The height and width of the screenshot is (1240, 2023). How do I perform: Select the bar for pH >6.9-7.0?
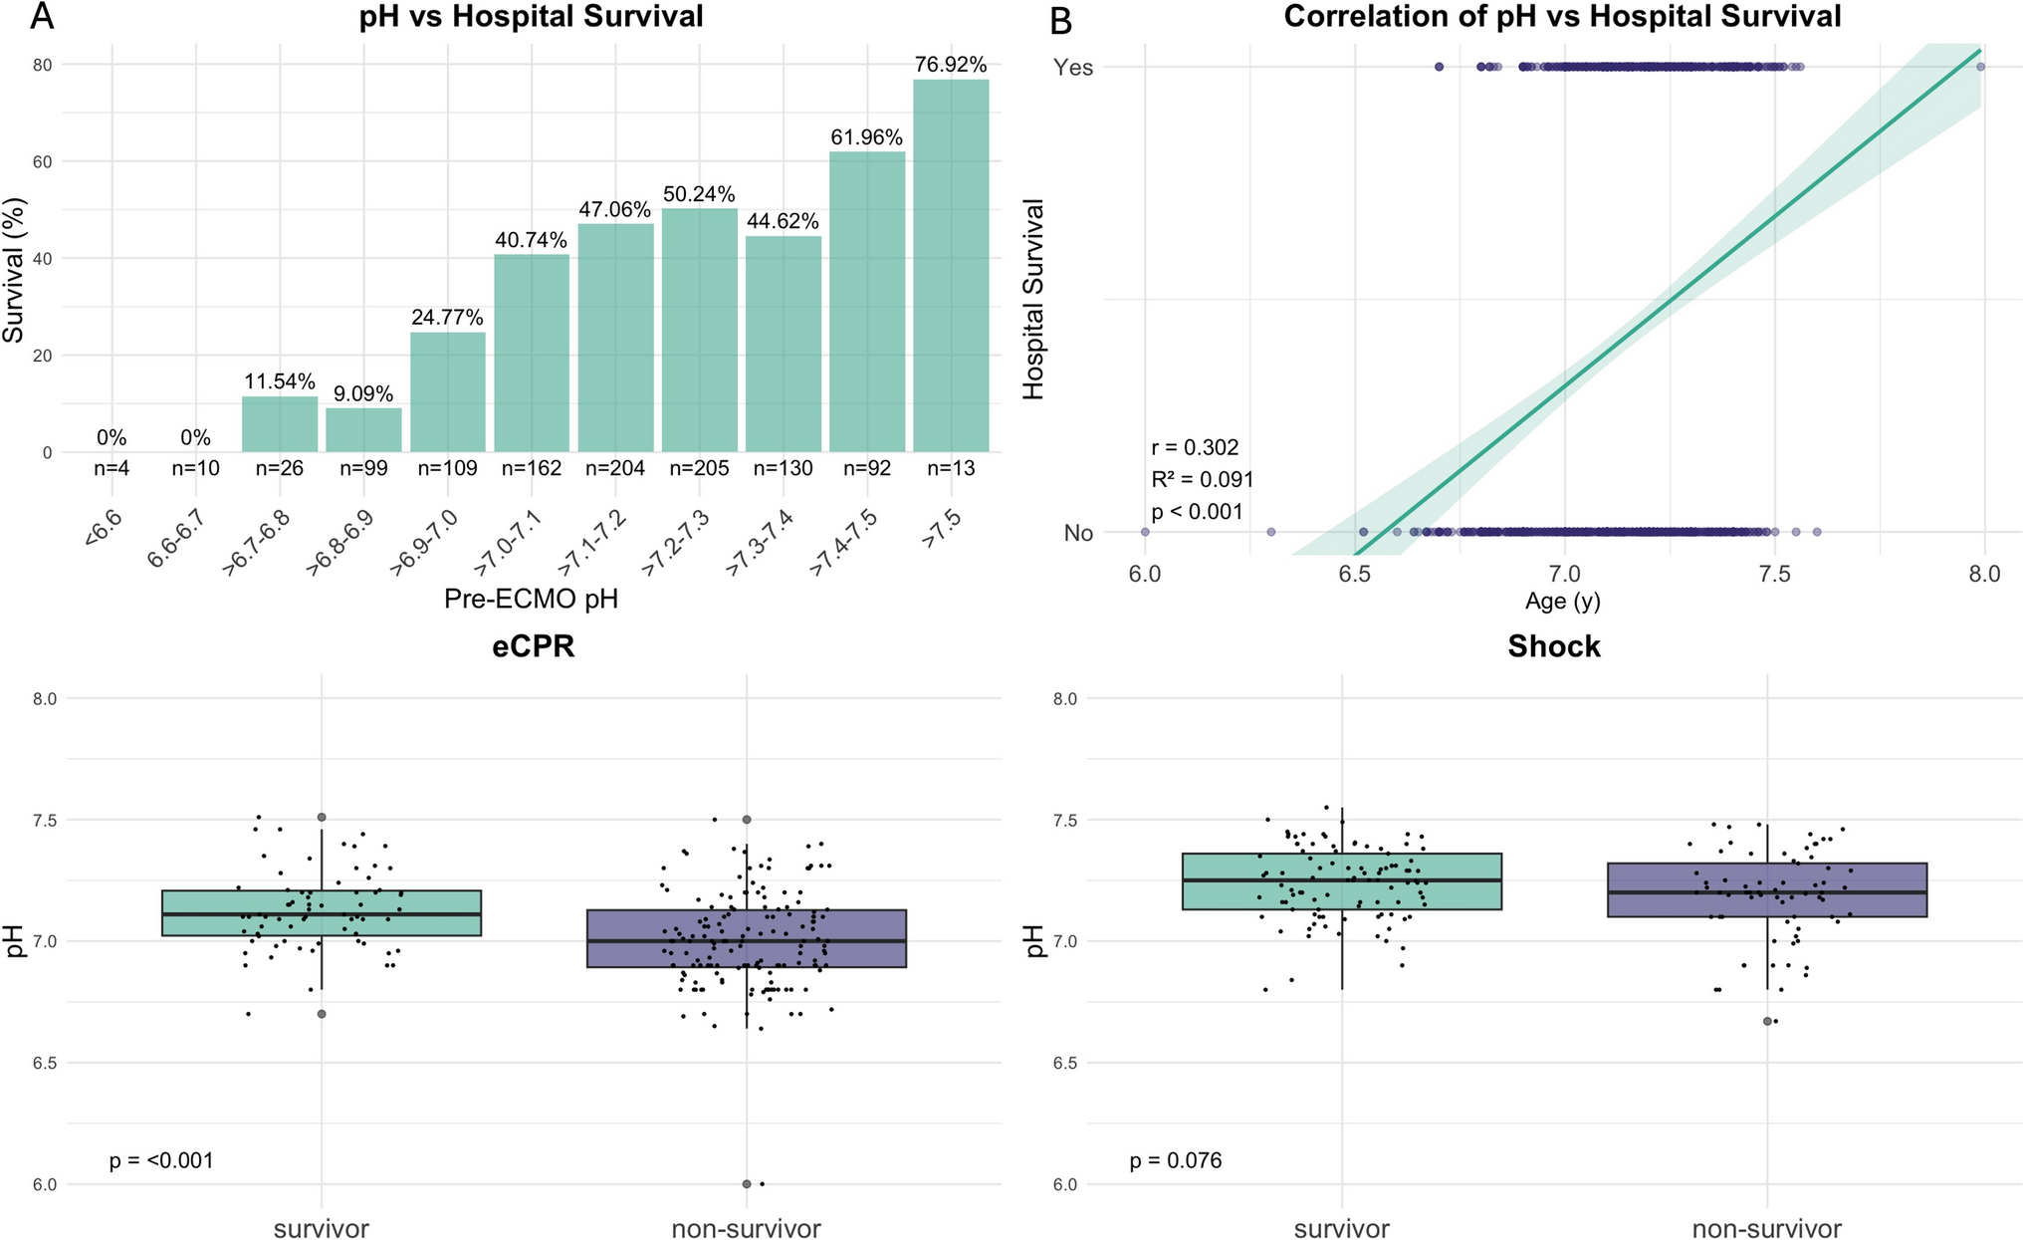click(447, 392)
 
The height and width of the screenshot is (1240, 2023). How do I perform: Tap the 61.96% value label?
click(866, 137)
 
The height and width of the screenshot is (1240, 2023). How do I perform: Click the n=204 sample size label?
click(615, 468)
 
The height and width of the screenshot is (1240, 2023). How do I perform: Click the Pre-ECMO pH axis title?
click(531, 599)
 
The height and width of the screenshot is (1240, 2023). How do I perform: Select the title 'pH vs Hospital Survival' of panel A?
click(531, 17)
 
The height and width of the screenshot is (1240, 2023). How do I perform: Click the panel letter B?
click(1060, 20)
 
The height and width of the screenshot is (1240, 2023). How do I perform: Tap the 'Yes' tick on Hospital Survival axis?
click(1073, 68)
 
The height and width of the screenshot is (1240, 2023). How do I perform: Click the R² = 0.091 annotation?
click(1202, 480)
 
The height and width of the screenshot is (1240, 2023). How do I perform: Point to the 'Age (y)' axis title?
click(1562, 601)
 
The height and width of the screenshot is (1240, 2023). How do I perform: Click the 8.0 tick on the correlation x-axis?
click(1984, 575)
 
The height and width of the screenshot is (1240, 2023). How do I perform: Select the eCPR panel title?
click(533, 647)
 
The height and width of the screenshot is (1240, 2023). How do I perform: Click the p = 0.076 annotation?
click(1175, 1161)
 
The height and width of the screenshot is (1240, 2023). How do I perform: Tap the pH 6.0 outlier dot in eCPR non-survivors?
click(747, 1184)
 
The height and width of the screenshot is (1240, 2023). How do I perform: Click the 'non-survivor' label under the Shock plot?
click(1766, 1229)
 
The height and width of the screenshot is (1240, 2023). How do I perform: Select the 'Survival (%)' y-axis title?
click(14, 269)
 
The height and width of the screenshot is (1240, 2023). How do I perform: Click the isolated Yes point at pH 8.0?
click(1980, 67)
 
